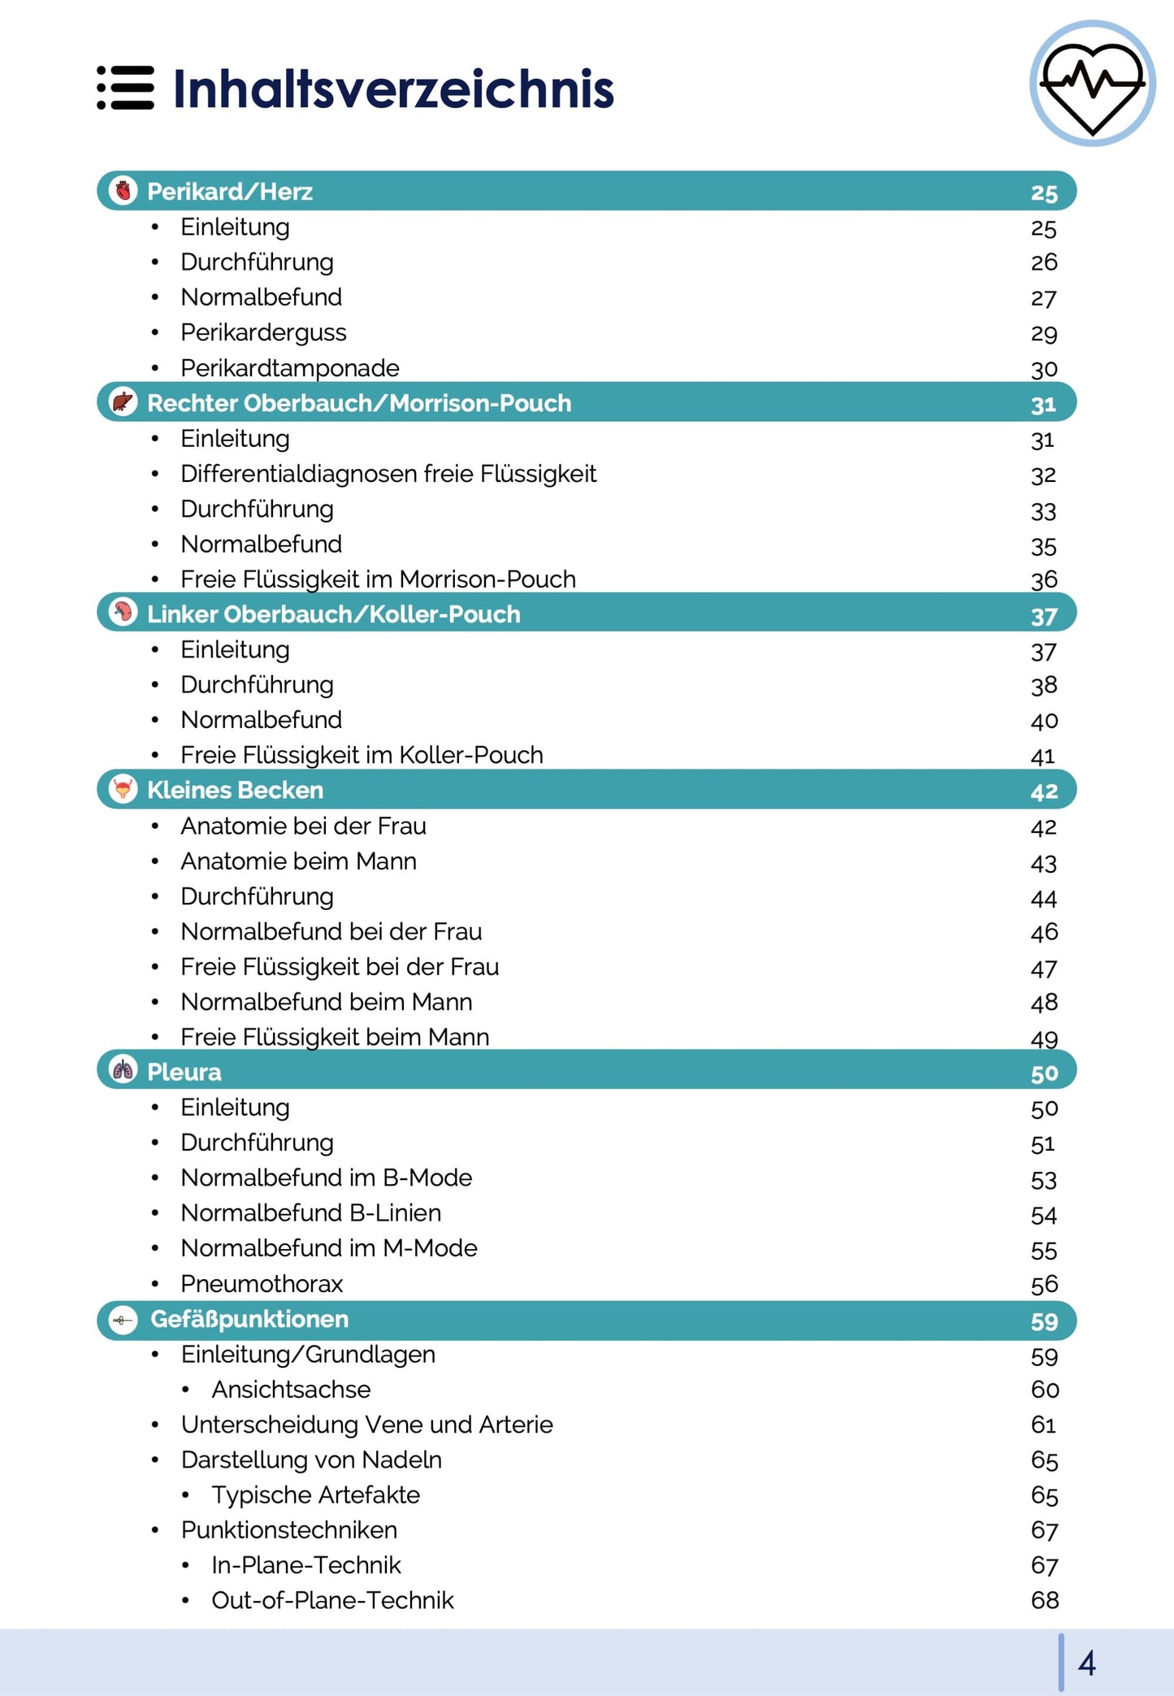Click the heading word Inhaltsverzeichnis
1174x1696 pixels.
tap(393, 89)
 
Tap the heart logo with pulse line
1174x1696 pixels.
tap(1092, 84)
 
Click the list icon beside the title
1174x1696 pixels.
tap(125, 88)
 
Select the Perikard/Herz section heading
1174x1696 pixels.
tap(230, 192)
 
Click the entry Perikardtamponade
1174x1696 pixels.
tap(289, 368)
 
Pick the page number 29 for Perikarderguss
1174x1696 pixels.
tap(1044, 333)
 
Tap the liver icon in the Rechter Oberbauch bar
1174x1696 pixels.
tap(123, 402)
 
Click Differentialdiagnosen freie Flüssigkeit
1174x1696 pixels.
tap(388, 474)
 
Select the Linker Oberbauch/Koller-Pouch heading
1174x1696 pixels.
tap(333, 614)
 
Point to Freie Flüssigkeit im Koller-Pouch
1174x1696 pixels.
tap(362, 755)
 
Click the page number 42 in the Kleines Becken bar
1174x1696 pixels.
tap(1044, 791)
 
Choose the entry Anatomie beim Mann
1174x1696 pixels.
tap(298, 861)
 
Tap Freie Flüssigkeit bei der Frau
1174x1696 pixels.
tap(340, 967)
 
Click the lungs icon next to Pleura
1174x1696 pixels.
tap(123, 1070)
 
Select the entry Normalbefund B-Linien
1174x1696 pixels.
tap(310, 1213)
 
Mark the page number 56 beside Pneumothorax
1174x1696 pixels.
tap(1044, 1284)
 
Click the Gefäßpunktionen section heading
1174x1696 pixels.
tap(249, 1319)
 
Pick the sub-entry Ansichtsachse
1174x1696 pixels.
tap(291, 1390)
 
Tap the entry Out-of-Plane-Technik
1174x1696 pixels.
tap(332, 1600)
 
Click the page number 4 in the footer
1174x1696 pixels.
tap(1086, 1663)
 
